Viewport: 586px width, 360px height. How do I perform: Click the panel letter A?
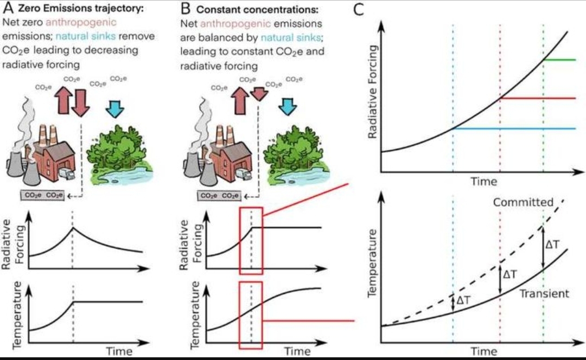pos(8,8)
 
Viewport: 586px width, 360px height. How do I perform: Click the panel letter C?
pos(358,9)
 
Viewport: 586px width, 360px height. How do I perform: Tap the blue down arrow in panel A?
pos(114,108)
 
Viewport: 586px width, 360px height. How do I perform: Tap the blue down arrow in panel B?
pos(288,106)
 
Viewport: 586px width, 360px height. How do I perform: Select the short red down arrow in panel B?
pos(259,94)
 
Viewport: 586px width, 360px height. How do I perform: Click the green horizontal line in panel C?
pos(559,60)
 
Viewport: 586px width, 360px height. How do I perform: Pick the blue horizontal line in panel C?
pos(514,128)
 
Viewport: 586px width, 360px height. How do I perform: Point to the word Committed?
pos(523,202)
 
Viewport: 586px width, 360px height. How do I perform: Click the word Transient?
pos(544,293)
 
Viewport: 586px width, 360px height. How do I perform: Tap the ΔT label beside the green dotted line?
pos(553,245)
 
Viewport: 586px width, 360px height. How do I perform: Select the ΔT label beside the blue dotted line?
pos(463,300)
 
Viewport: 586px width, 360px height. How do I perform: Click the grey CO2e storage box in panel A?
pos(42,195)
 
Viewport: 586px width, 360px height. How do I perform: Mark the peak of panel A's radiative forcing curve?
pos(73,227)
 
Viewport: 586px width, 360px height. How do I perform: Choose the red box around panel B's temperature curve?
pos(251,316)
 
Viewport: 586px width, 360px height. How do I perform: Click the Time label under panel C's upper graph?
pos(484,182)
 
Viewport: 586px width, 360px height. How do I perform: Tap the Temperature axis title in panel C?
pos(372,263)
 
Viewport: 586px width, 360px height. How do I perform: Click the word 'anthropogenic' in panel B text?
pos(235,23)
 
